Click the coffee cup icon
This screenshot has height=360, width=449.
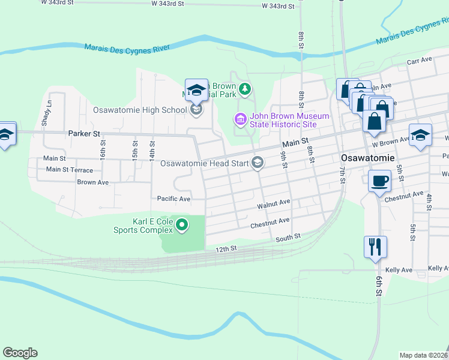(379, 180)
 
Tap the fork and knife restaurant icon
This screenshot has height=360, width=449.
(375, 246)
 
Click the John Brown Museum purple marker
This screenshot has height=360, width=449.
(240, 120)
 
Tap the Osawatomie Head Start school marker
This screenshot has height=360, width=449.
(258, 163)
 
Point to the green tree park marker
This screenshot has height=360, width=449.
(244, 90)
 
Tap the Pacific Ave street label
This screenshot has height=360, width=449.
(173, 199)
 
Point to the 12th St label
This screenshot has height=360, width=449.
(227, 248)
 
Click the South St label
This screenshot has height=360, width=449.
(288, 238)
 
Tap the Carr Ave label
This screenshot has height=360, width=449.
(419, 61)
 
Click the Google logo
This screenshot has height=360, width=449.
(20, 353)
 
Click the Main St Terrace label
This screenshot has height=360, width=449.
(70, 170)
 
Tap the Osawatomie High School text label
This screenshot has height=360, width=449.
(140, 110)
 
